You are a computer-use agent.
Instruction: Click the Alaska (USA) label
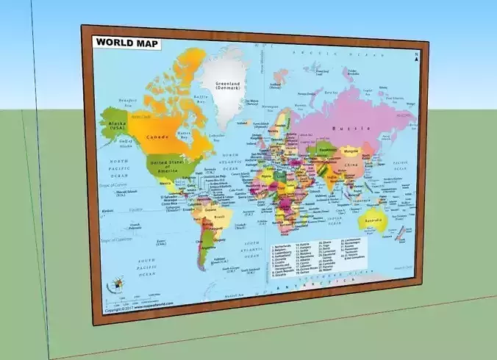[x=116, y=126]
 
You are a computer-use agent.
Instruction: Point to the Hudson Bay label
[x=185, y=136]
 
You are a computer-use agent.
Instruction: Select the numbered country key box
[x=327, y=259]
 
